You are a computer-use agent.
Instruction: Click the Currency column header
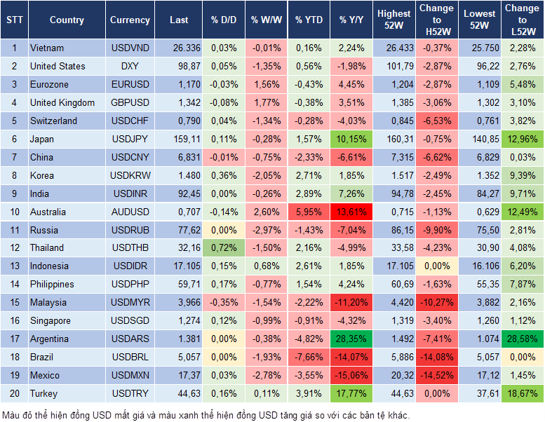pyautogui.click(x=130, y=20)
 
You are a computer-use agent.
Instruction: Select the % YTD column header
pyautogui.click(x=309, y=20)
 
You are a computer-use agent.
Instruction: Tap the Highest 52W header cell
pyautogui.click(x=394, y=20)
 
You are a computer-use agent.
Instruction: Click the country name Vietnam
pyautogui.click(x=47, y=48)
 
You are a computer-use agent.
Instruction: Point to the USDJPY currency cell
pyautogui.click(x=130, y=139)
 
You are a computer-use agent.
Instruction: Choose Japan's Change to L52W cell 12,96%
pyautogui.click(x=522, y=139)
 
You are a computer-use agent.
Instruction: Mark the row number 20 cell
pyautogui.click(x=14, y=393)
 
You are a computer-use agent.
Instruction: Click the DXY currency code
pyautogui.click(x=130, y=66)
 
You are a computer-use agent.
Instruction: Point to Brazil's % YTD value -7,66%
pyautogui.click(x=309, y=357)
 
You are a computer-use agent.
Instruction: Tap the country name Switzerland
pyautogui.click(x=53, y=121)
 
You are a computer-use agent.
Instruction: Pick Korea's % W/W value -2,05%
pyautogui.click(x=265, y=175)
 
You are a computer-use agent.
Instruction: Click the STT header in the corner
pyautogui.click(x=14, y=20)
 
